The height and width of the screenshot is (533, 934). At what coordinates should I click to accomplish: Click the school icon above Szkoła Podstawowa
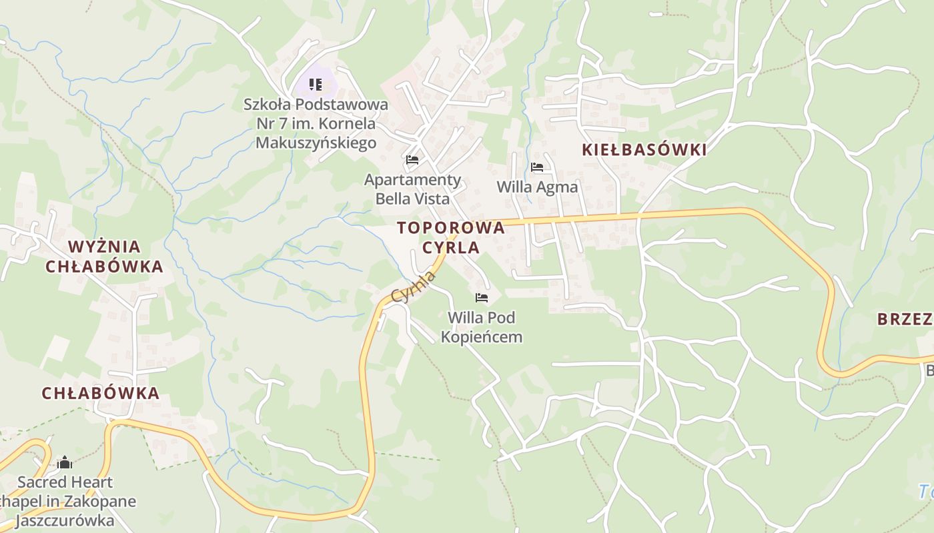[316, 85]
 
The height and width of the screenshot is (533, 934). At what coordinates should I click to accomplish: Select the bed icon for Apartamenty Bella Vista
[412, 160]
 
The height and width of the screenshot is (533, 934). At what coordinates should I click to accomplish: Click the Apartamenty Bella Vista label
[412, 189]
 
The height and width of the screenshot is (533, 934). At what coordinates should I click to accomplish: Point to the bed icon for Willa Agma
[537, 167]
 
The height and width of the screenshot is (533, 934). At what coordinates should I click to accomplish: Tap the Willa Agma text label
[537, 187]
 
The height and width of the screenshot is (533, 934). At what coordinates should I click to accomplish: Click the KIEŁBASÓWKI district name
[644, 150]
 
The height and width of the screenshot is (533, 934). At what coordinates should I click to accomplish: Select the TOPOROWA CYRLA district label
[451, 237]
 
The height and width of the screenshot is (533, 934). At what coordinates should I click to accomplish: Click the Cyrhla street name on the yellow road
[413, 287]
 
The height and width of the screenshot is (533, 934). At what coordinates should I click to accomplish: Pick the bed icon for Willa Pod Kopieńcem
[482, 298]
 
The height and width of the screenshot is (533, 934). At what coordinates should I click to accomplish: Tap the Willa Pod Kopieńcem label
[482, 327]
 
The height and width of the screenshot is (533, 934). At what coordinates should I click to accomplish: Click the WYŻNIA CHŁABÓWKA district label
[105, 257]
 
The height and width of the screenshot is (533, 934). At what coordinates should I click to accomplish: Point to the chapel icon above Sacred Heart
[65, 462]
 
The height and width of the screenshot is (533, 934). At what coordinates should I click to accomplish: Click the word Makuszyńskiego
[316, 143]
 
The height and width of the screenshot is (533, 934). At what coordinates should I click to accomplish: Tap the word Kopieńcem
[482, 337]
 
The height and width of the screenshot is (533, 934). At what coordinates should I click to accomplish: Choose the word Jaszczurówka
[65, 520]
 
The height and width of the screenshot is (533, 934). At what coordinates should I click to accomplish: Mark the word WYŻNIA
[105, 247]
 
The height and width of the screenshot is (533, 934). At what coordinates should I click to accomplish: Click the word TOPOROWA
[451, 228]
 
